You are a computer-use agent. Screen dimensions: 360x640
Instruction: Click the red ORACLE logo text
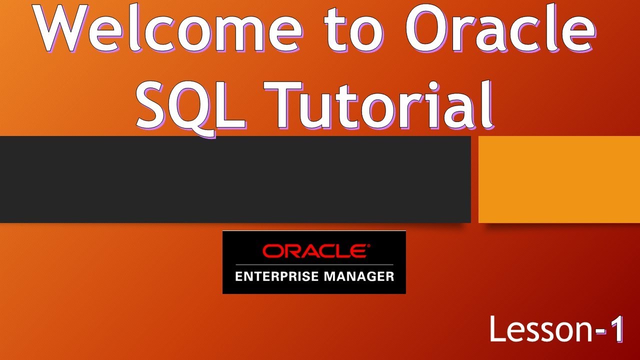(314, 250)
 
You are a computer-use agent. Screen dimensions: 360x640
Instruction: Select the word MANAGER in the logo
(356, 275)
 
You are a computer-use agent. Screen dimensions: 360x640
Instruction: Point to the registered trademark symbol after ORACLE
(369, 246)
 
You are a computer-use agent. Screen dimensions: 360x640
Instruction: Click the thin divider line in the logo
(314, 264)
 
